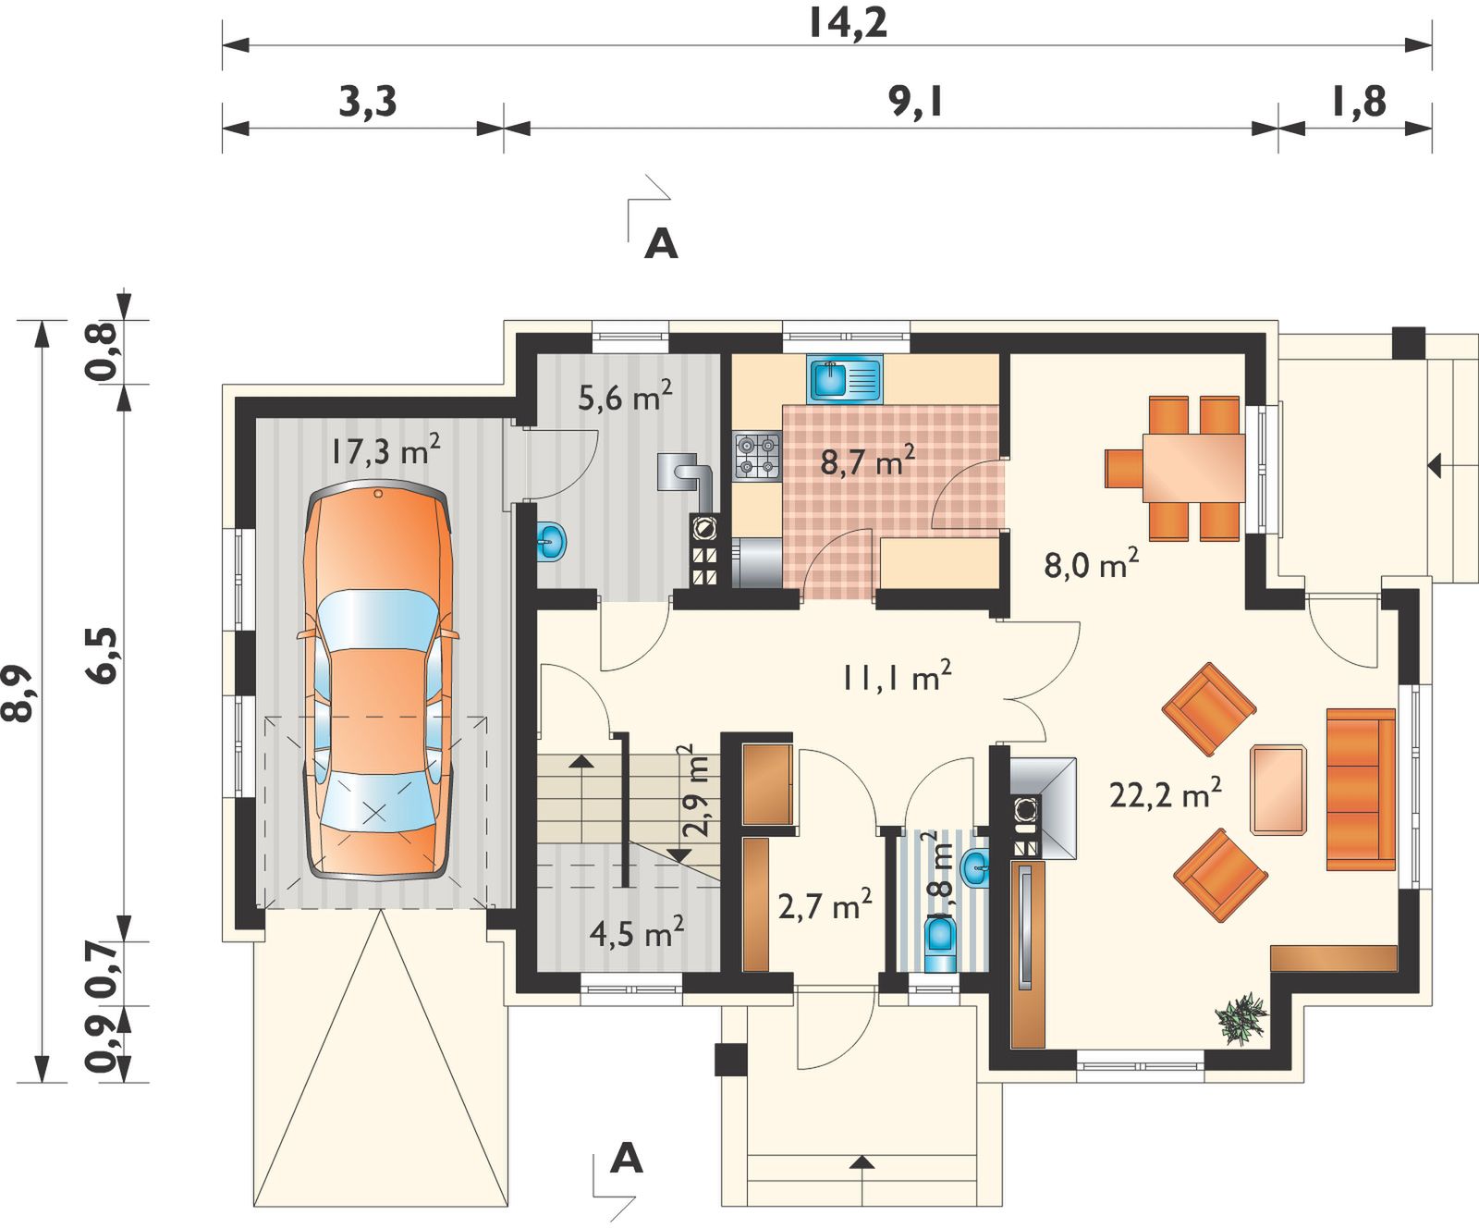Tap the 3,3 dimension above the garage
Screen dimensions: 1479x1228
pyautogui.click(x=368, y=101)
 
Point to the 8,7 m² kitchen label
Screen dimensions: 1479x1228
pyautogui.click(x=868, y=460)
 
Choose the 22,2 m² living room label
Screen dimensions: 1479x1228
pyautogui.click(x=1166, y=793)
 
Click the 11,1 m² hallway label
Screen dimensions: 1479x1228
pyautogui.click(x=896, y=676)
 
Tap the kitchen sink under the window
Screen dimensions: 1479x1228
pyautogui.click(x=845, y=378)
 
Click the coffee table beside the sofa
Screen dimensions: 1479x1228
pyautogui.click(x=1278, y=790)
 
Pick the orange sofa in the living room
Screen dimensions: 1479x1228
pyautogui.click(x=1361, y=790)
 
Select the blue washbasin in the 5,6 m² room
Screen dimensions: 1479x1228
pyautogui.click(x=551, y=541)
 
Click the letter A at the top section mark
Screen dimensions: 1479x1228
pyautogui.click(x=661, y=244)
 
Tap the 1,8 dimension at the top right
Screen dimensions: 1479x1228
pyautogui.click(x=1359, y=101)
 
